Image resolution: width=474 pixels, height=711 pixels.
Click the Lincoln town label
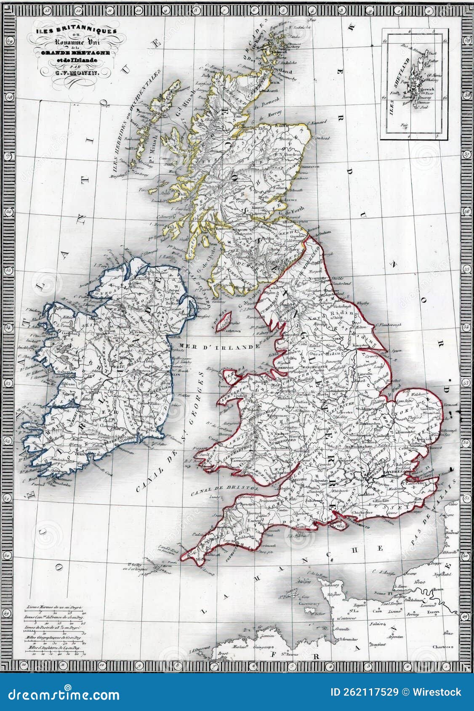coord(364,373)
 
